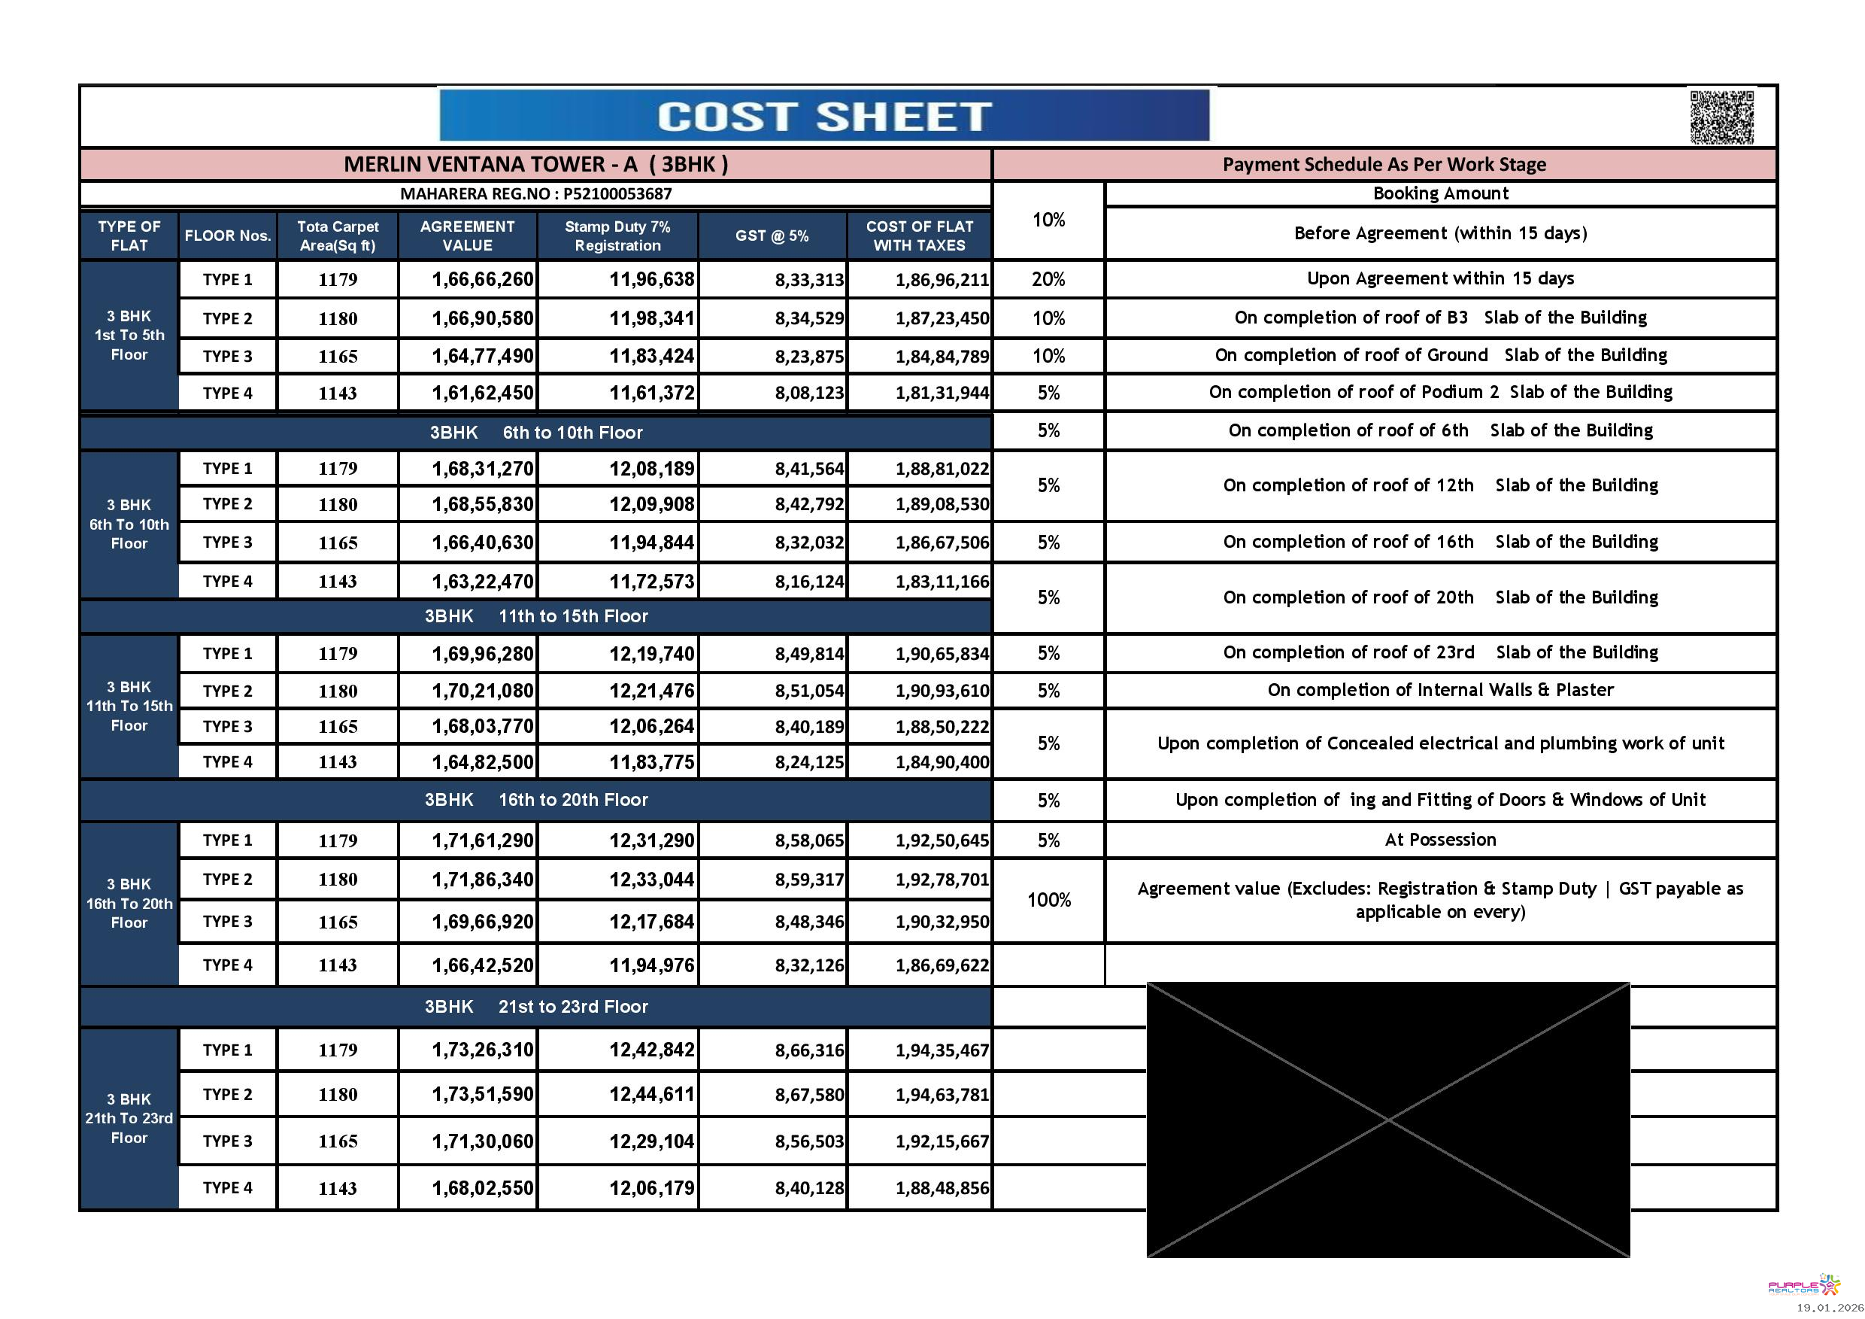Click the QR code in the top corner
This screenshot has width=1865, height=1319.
coord(1721,118)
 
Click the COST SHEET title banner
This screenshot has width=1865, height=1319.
coord(823,116)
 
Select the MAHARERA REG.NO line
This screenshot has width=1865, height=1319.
coord(535,194)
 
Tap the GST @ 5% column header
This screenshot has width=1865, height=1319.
coord(772,236)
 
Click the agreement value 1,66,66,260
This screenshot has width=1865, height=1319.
coord(483,280)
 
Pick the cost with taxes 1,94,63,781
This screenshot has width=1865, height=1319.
coord(942,1095)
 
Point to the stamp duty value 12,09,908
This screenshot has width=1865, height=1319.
coord(651,505)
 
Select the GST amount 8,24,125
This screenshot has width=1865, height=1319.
coord(809,762)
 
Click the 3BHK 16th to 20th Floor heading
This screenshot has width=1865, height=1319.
coord(536,800)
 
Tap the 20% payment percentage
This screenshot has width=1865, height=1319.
coord(1048,280)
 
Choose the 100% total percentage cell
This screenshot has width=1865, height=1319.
coord(1048,901)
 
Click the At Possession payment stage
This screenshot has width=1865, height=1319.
coord(1439,840)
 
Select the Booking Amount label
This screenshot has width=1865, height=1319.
coord(1439,193)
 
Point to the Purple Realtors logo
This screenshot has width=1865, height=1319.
coord(1804,1287)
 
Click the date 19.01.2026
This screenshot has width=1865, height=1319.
coord(1829,1308)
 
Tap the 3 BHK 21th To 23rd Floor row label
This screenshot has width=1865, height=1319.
coord(129,1118)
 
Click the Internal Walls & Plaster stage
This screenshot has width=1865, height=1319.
coord(1439,690)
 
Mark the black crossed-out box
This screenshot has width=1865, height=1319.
coord(1387,1120)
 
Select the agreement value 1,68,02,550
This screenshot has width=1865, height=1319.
coord(483,1188)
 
